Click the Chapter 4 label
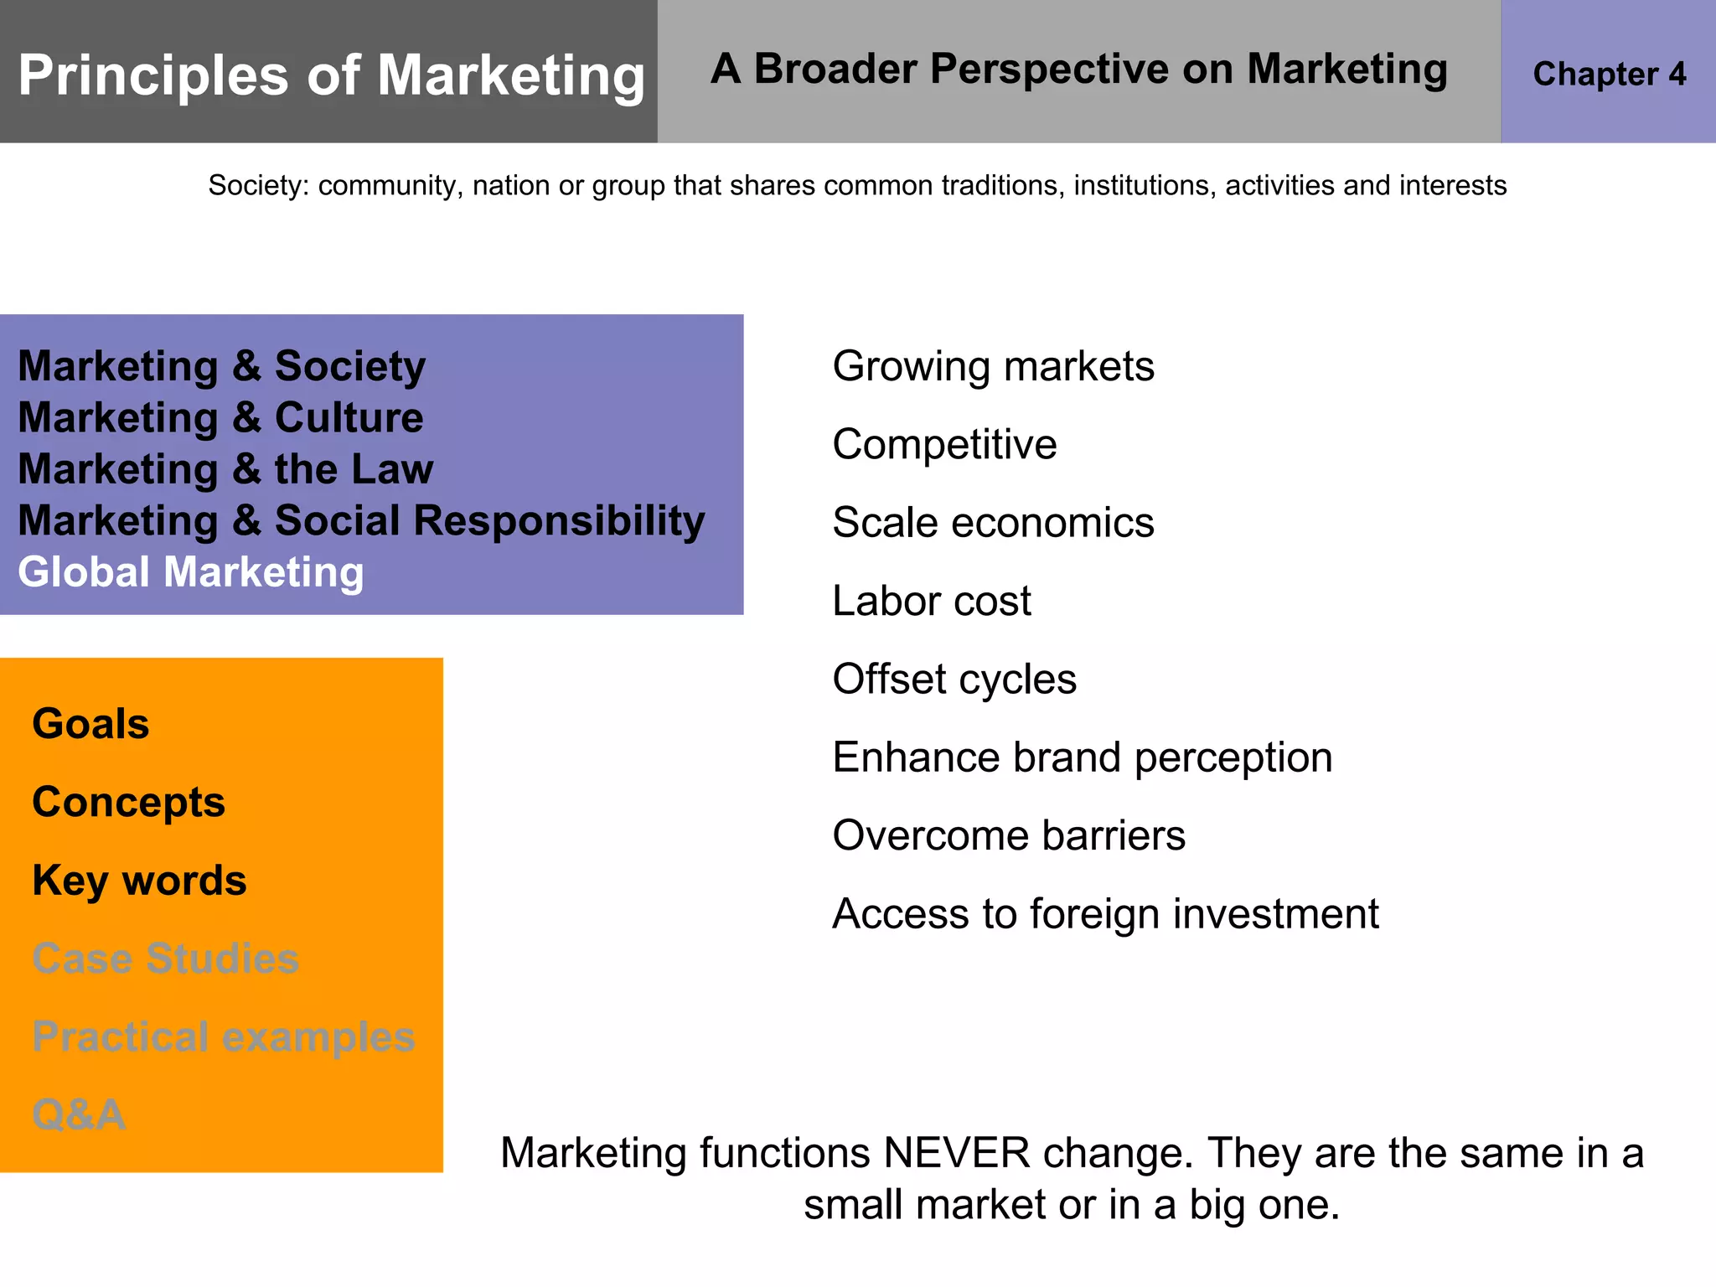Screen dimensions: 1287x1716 coord(1609,75)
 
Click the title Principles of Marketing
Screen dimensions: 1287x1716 coord(331,76)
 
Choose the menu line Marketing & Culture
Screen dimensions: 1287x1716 coord(220,417)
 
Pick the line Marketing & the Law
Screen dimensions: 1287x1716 coord(225,469)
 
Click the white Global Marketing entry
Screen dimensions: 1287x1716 coord(191,572)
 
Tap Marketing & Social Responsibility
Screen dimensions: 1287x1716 coord(361,520)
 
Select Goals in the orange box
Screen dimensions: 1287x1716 coord(90,724)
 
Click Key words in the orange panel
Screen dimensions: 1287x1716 coord(139,881)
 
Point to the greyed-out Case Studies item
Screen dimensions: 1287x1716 coord(165,959)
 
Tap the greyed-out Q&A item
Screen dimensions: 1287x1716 coord(79,1115)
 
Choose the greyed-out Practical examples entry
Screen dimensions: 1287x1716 coord(223,1037)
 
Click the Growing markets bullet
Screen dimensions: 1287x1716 coord(993,366)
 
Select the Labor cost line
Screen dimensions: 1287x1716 coord(931,601)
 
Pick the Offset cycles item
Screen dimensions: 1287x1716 coord(954,679)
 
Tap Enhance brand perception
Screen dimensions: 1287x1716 coord(1082,757)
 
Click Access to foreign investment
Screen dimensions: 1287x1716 coord(1104,913)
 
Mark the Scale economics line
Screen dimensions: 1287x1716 coord(993,523)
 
